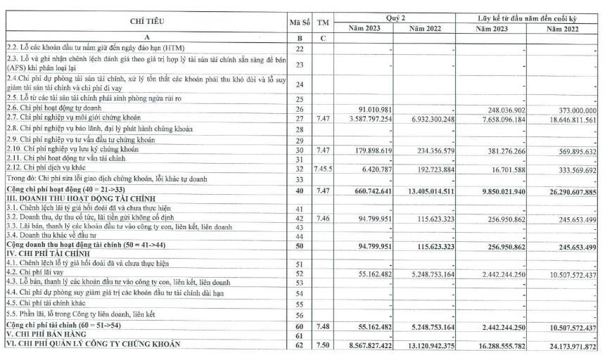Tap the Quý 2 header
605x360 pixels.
395,16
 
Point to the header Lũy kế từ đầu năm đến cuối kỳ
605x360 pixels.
528,16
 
